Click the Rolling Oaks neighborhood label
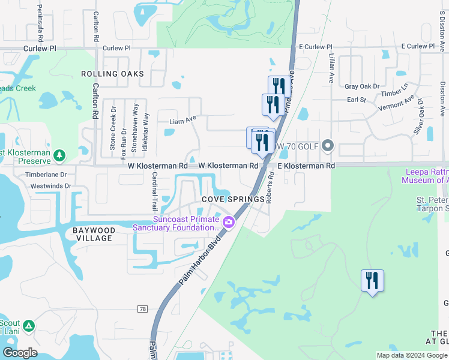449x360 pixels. [x=113, y=74]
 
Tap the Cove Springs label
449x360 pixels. [x=234, y=199]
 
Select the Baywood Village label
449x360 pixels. [x=92, y=234]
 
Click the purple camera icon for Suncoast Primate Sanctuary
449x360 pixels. [x=228, y=223]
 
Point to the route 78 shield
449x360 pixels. [x=142, y=308]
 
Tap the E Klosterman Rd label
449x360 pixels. [x=306, y=165]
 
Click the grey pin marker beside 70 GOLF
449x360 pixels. [x=328, y=145]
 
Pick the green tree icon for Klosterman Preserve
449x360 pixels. [x=59, y=156]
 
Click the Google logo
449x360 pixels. [x=20, y=352]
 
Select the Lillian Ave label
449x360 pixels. [x=331, y=67]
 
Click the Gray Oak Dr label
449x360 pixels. [x=363, y=86]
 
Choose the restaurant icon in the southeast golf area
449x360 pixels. [x=372, y=281]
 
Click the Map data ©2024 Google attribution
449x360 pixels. [x=411, y=355]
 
